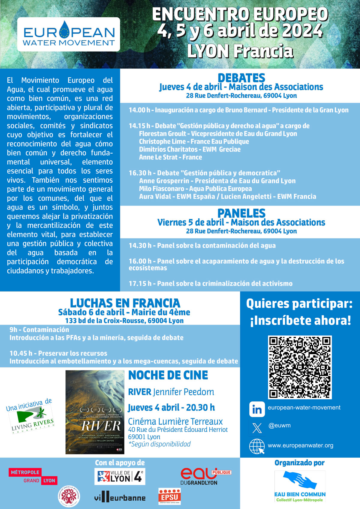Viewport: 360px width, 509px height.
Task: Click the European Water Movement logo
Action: [69, 34]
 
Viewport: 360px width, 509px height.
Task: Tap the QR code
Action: [300, 367]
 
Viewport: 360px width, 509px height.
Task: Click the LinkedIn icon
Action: [257, 409]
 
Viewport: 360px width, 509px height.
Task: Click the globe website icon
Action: [257, 446]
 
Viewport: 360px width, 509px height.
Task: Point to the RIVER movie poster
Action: [95, 412]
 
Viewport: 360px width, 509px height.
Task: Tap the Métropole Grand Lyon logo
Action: [33, 476]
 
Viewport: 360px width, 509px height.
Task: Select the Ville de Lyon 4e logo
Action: [120, 476]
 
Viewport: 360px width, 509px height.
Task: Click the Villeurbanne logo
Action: [120, 498]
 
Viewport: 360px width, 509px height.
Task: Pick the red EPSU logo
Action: [169, 496]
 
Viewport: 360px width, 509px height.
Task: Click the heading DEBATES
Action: [241, 78]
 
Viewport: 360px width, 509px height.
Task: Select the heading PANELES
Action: [241, 213]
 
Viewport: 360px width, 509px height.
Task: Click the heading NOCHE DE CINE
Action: [168, 375]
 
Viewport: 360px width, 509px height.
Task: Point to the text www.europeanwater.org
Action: [300, 445]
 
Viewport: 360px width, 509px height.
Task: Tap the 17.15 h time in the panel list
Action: [140, 283]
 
